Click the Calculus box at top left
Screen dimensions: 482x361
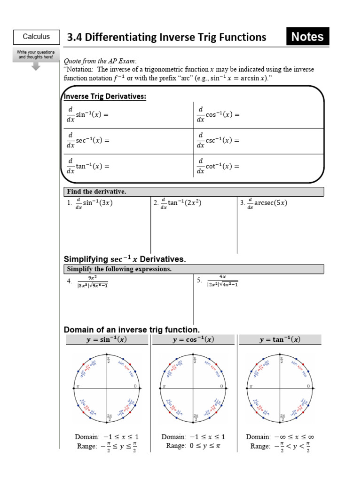(36, 37)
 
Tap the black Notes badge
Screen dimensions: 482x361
(307, 37)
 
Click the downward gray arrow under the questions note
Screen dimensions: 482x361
(36, 66)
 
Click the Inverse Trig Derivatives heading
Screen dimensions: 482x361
(105, 96)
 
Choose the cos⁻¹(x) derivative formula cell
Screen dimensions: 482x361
(218, 115)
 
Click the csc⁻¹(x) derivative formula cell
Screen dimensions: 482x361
(218, 140)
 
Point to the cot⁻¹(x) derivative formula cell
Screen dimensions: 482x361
(218, 166)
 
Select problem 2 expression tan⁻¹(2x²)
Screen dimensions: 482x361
(181, 203)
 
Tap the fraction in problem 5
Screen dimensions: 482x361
(222, 281)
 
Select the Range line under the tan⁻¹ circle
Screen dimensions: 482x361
(280, 446)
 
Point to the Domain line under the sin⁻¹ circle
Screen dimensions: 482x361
(107, 437)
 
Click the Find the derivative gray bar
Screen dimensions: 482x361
(193, 192)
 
